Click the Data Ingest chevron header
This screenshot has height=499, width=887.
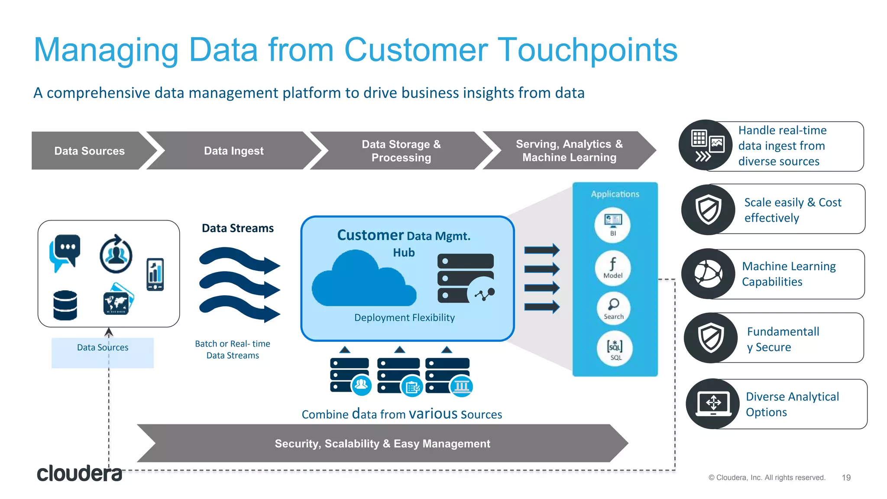click(234, 151)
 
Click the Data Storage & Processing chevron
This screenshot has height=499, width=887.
click(401, 151)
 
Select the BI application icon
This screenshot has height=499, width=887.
click(613, 224)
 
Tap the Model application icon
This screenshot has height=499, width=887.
click(613, 268)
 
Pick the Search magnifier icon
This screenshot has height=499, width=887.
click(613, 308)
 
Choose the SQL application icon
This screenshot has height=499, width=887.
click(615, 349)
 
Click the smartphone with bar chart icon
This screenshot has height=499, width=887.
click(155, 274)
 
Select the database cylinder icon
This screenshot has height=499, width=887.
click(65, 305)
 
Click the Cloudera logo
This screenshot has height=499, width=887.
click(79, 473)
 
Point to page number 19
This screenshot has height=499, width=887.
click(846, 477)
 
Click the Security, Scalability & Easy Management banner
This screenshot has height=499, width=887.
click(382, 444)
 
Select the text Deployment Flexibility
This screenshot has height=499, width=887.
click(405, 318)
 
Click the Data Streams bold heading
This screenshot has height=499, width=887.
click(238, 228)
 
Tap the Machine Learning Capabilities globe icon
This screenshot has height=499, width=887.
click(708, 274)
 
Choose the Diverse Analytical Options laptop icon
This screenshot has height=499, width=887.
click(713, 404)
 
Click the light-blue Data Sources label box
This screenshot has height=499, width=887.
click(103, 353)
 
